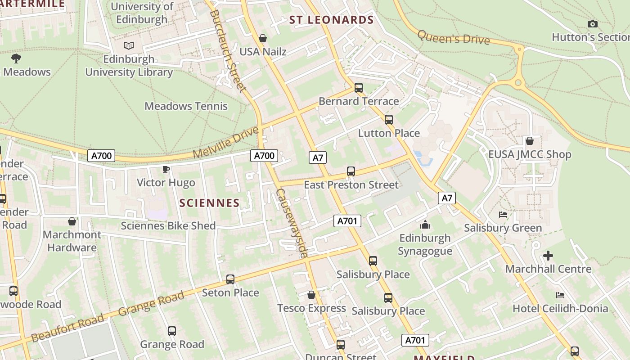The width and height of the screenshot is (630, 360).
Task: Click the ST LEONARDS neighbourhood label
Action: pyautogui.click(x=331, y=20)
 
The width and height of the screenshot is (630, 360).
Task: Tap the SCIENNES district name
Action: pyautogui.click(x=209, y=203)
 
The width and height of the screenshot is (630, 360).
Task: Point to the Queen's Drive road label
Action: pyautogui.click(x=453, y=37)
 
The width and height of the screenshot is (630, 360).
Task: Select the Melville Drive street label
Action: pyautogui.click(x=226, y=143)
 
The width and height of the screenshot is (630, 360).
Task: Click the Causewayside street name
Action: pyautogui.click(x=292, y=223)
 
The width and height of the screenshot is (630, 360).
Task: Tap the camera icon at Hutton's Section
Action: pyautogui.click(x=593, y=24)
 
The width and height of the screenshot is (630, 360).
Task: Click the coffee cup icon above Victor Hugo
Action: pyautogui.click(x=166, y=170)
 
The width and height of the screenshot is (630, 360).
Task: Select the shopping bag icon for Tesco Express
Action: pyautogui.click(x=311, y=295)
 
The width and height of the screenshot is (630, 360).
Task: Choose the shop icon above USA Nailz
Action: pyautogui.click(x=263, y=38)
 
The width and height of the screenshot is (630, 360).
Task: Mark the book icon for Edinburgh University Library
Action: pyautogui.click(x=129, y=45)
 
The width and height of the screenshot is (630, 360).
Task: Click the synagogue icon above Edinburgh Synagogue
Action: pyautogui.click(x=425, y=225)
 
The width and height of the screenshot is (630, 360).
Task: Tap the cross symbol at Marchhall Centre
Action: pyautogui.click(x=548, y=256)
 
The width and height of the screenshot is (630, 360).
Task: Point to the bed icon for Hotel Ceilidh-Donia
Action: pyautogui.click(x=560, y=295)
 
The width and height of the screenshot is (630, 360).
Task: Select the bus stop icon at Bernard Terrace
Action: pyautogui.click(x=359, y=88)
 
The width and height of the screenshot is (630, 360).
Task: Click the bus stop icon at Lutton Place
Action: pyautogui.click(x=389, y=120)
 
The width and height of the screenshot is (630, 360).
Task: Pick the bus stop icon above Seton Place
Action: pyautogui.click(x=230, y=279)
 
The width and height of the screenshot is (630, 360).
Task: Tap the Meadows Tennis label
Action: pyautogui.click(x=186, y=106)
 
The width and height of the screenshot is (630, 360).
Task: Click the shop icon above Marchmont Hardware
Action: pyautogui.click(x=72, y=221)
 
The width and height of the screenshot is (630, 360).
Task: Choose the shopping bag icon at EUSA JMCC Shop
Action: pyautogui.click(x=530, y=141)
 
